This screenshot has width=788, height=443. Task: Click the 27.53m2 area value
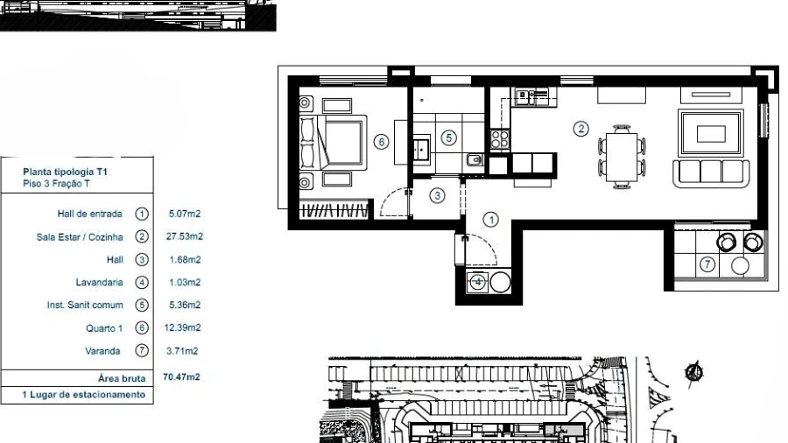coord(185,236)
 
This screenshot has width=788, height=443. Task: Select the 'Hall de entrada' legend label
coord(89,214)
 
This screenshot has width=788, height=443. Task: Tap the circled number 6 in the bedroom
coord(382,142)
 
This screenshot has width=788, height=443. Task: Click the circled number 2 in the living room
coord(581,129)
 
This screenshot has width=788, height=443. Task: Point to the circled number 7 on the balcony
coord(707,264)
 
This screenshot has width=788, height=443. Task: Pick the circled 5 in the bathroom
coord(449,137)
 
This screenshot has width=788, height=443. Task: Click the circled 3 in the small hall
coord(437,195)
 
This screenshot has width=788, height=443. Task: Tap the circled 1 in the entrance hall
coord(491,220)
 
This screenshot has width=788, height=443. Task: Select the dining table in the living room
coord(622,157)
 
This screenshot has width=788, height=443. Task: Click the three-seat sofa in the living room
coord(711,173)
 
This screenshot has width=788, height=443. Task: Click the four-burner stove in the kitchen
coord(500,139)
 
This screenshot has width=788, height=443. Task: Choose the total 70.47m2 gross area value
coord(181,376)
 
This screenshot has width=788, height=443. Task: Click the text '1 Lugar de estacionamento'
coord(83,395)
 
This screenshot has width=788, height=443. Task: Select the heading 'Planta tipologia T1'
coord(66,172)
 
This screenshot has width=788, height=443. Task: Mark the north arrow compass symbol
coord(694,373)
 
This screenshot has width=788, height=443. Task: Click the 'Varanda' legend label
coord(102,351)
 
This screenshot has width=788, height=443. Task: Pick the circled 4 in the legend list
coord(142,282)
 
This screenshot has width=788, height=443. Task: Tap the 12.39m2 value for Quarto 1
coord(182,327)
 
